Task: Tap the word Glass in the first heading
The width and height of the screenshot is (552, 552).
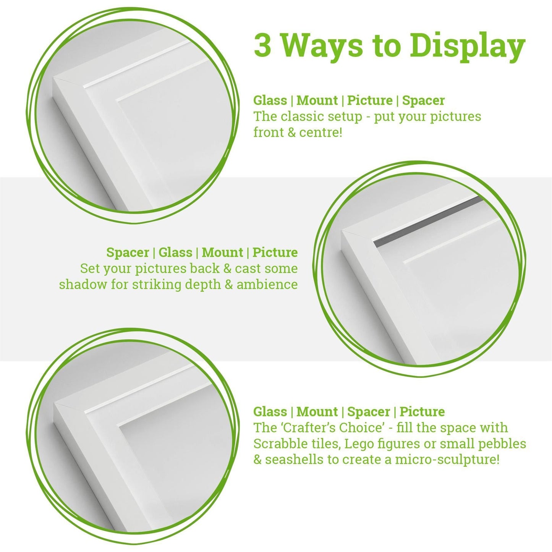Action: (x=270, y=100)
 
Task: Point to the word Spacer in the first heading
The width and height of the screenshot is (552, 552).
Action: (x=423, y=100)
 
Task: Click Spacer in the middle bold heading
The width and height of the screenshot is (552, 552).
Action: (x=128, y=253)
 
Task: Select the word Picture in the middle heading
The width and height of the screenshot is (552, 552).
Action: (x=275, y=253)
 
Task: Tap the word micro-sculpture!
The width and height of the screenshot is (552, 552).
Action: (x=447, y=459)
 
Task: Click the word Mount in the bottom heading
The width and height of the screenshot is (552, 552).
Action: (x=317, y=412)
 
